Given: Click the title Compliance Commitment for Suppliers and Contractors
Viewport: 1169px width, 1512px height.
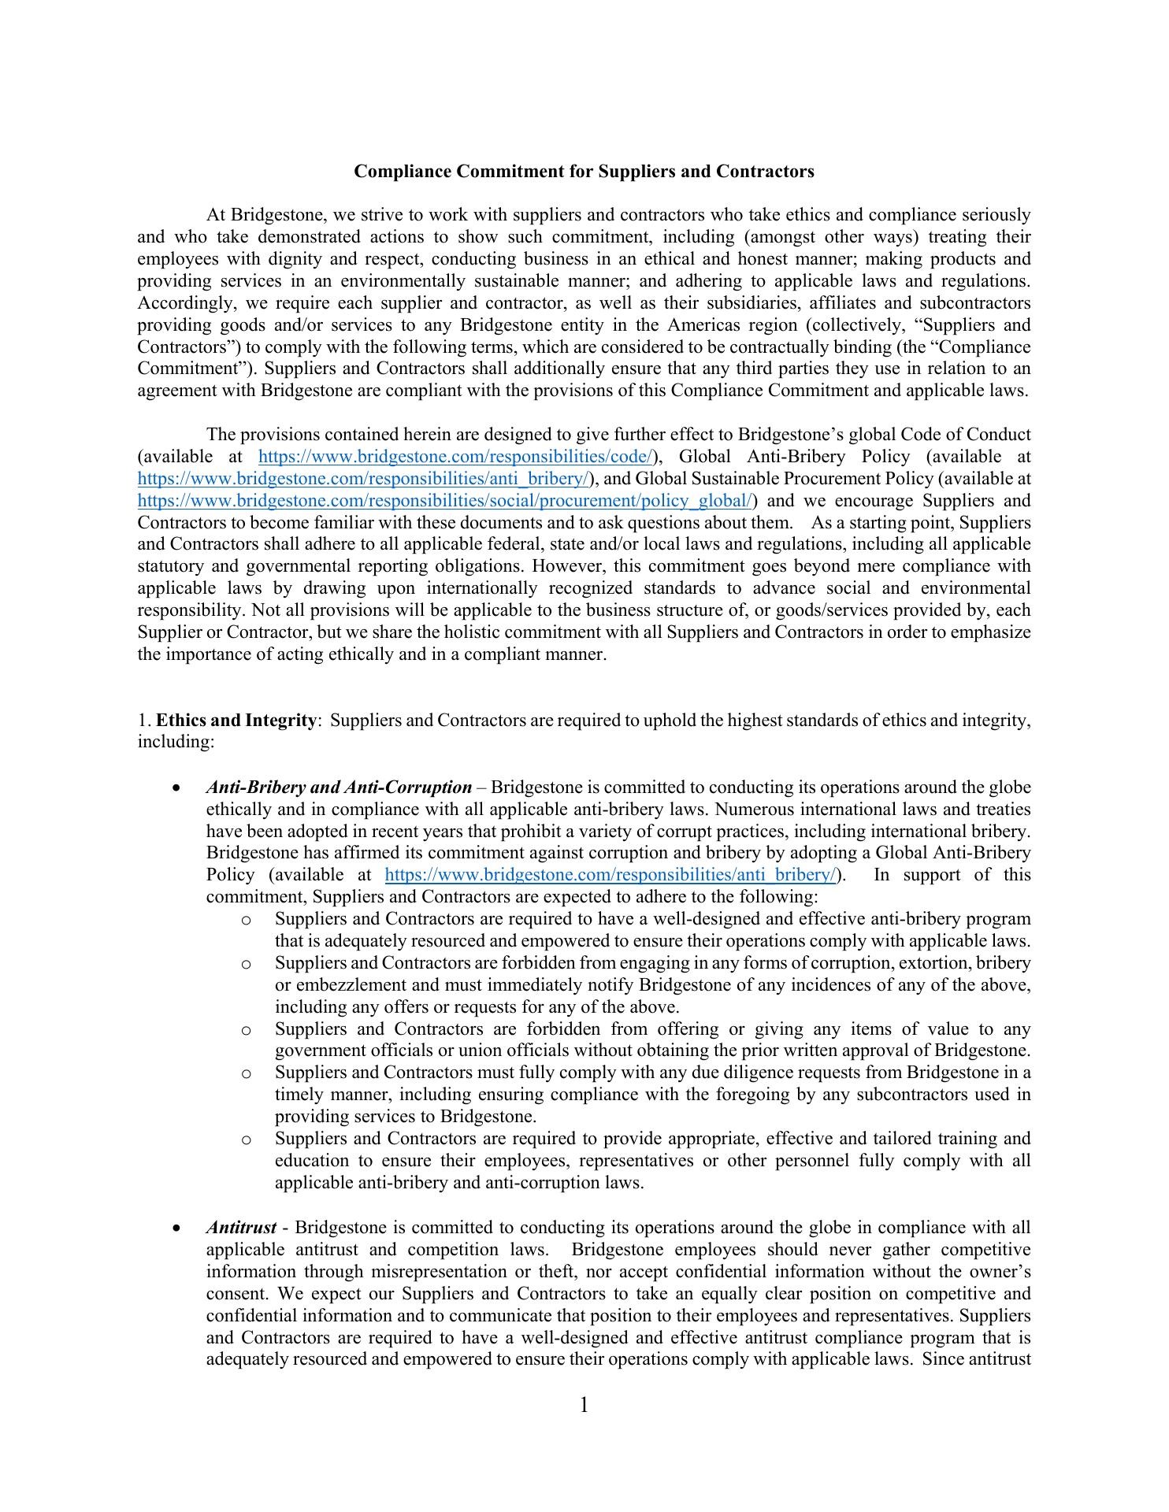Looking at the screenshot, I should (x=584, y=172).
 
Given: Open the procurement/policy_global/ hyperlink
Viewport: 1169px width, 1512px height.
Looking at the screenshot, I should (x=447, y=501).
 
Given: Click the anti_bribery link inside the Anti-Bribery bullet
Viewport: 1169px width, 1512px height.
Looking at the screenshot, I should (x=610, y=875).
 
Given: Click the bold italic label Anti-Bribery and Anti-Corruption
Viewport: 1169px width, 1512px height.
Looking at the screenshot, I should (x=339, y=787).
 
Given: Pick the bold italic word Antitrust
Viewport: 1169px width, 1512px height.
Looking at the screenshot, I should (x=241, y=1228).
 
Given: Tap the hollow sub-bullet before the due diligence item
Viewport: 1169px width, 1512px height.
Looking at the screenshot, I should (x=247, y=1073).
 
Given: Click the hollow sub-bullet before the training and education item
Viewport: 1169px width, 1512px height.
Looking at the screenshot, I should (x=247, y=1140).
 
